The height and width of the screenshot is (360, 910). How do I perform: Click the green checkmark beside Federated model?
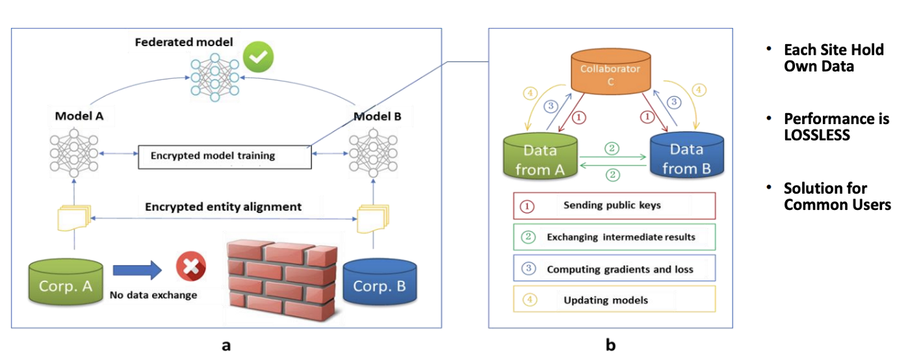tap(258, 58)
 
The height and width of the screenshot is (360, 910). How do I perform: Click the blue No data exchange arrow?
tap(136, 269)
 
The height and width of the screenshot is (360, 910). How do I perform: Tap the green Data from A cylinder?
tap(541, 158)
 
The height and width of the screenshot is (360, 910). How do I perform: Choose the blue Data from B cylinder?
tap(686, 158)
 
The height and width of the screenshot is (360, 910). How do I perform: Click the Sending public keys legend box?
tap(614, 205)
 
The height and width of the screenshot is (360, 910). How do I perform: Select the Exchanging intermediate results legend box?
tap(614, 237)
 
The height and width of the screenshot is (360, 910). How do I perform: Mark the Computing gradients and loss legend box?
tap(614, 268)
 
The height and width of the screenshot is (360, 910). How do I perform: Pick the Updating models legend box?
tap(614, 300)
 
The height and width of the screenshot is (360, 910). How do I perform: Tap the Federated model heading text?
tap(184, 43)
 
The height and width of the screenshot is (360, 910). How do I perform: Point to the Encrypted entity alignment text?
tap(223, 207)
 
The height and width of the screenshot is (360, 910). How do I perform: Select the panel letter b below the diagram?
tap(610, 345)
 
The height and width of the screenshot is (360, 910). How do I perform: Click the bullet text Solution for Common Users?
tap(836, 196)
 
